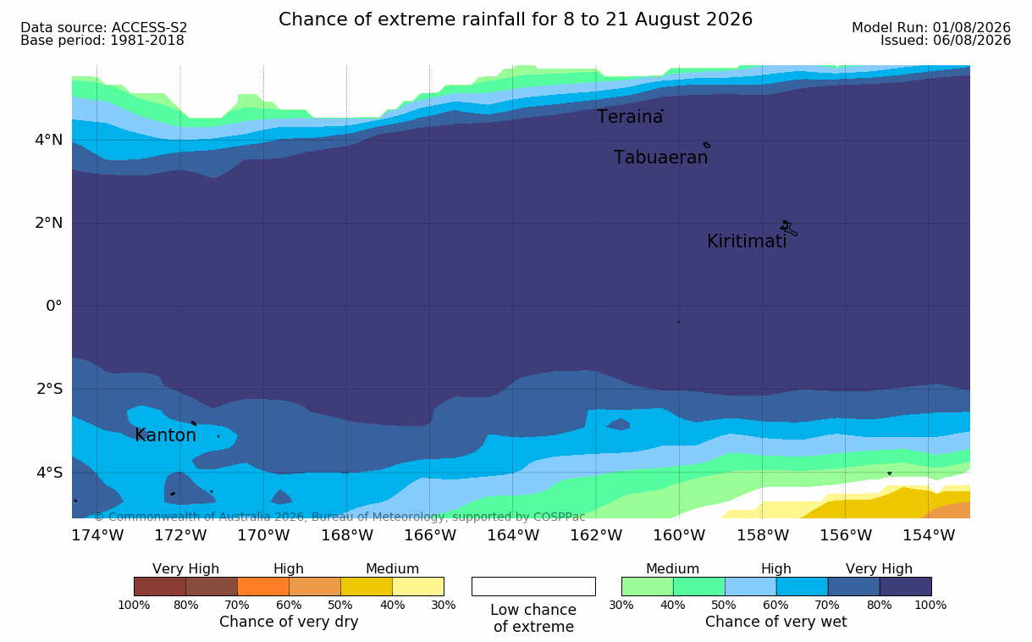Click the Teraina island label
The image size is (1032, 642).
(630, 117)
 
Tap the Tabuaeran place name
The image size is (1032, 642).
(660, 158)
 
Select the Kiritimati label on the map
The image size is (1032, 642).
(747, 241)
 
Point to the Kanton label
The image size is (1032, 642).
(165, 435)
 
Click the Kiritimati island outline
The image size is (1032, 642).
(788, 228)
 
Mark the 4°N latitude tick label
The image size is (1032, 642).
(49, 140)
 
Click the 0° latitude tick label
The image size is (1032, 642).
(54, 306)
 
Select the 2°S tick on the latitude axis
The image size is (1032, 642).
(49, 389)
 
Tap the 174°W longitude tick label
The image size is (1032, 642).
(97, 535)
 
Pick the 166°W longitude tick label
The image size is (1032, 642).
(430, 535)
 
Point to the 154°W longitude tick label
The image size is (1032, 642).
(929, 535)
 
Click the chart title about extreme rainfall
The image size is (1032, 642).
(516, 19)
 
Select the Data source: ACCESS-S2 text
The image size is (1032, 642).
(103, 28)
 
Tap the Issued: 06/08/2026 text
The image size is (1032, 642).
(946, 41)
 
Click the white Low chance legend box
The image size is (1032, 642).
(533, 586)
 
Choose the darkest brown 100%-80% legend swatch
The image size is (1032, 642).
(160, 586)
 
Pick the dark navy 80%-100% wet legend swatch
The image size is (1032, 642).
(905, 586)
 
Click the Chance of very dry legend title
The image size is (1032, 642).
(289, 622)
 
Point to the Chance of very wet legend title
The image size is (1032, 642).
(775, 622)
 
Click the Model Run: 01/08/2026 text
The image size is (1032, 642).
(931, 28)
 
